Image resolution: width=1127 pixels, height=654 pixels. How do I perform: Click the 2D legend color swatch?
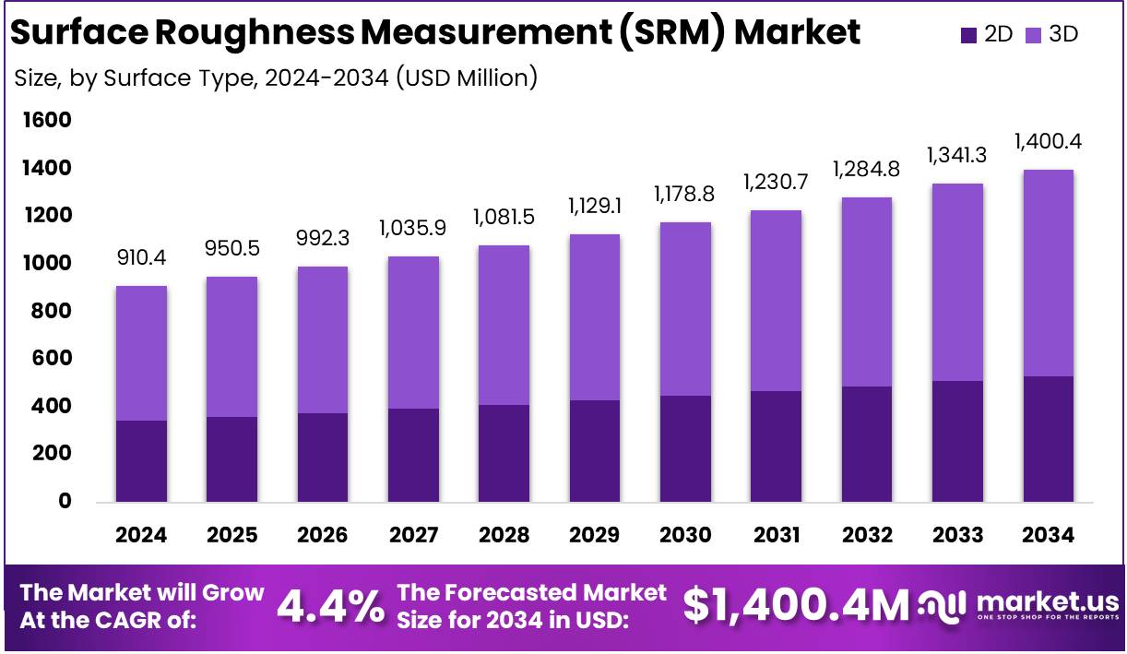point(968,35)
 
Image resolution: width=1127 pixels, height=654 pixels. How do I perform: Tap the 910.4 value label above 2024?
point(141,258)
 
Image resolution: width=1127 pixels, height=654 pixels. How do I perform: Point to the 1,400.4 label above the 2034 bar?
point(1048,142)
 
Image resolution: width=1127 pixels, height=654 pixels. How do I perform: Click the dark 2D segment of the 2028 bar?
point(504,453)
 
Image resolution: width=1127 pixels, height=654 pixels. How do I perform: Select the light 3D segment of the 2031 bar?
point(775,301)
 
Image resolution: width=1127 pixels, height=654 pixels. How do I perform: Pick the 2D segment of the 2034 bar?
point(1048,439)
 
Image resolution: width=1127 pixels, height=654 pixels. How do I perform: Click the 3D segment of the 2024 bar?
point(141,353)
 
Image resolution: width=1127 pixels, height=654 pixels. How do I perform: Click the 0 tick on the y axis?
point(65,502)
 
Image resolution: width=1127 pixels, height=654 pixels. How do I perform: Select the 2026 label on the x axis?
point(323,536)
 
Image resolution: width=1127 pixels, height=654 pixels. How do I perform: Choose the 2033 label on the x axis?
point(957,536)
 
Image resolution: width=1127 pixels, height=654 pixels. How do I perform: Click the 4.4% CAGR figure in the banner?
point(331,606)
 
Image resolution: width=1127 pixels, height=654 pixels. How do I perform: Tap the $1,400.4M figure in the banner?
point(796,606)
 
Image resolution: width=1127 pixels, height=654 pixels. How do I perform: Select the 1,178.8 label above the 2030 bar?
point(684,195)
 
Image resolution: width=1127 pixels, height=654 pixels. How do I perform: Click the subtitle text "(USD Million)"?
point(467,78)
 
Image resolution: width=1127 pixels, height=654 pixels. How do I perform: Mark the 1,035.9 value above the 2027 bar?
point(413,228)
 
